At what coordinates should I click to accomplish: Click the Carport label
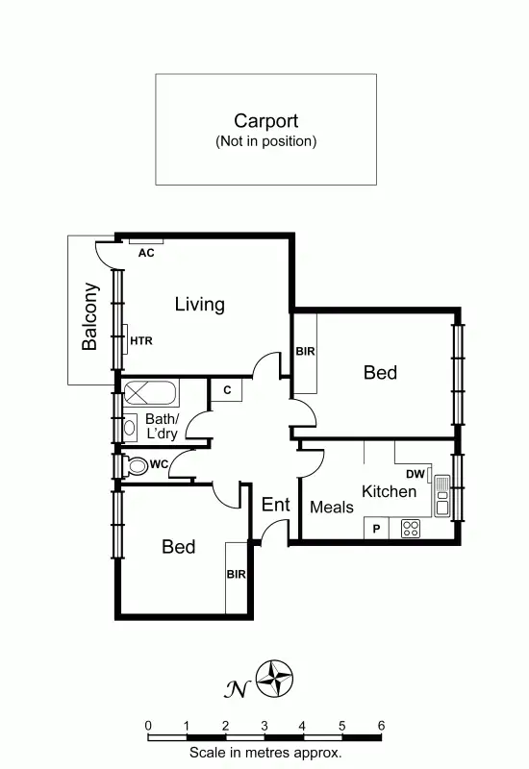click(265, 121)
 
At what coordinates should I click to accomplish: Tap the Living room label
click(199, 305)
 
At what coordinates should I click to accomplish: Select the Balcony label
click(89, 315)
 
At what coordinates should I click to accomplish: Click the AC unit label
click(146, 253)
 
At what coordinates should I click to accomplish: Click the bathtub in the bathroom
click(150, 394)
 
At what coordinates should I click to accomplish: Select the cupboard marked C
click(227, 390)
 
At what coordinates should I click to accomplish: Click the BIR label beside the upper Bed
click(305, 352)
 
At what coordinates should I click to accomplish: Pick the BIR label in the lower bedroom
click(236, 574)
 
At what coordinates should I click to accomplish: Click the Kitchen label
click(389, 491)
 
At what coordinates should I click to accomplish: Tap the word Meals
click(331, 507)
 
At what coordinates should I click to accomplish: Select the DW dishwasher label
click(415, 474)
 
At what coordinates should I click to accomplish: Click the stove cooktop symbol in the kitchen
click(411, 528)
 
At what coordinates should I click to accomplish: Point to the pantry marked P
click(376, 528)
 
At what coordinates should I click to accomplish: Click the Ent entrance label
click(275, 505)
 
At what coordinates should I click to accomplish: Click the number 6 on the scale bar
click(381, 726)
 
